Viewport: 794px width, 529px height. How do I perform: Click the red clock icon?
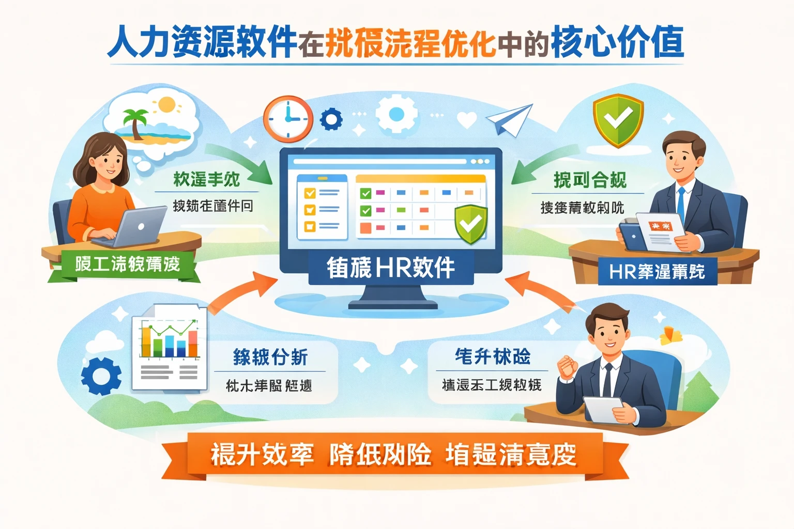click(288, 119)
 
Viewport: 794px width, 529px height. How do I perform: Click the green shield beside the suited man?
click(618, 120)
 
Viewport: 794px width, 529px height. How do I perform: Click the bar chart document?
click(170, 347)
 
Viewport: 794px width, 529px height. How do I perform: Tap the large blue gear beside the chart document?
click(101, 376)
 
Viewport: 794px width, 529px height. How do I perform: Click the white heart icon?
click(467, 120)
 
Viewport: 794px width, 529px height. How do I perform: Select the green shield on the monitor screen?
click(471, 224)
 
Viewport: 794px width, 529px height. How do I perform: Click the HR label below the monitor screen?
click(391, 268)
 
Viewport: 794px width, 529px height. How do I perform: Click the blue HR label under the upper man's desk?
click(657, 271)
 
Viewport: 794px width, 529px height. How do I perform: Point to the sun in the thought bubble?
click(167, 105)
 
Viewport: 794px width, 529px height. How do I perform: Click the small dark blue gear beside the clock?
click(331, 120)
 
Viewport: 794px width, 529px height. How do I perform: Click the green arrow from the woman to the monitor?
click(243, 161)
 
